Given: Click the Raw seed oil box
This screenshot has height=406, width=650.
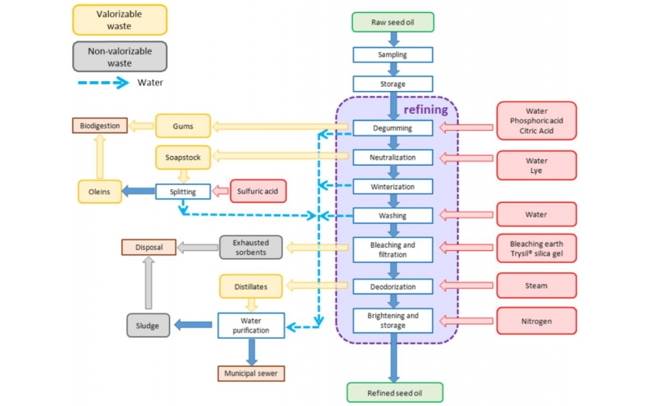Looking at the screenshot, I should coord(392,23).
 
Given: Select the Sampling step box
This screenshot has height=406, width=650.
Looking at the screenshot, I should coord(392,54).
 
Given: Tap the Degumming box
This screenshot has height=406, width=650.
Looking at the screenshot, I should coord(392,127).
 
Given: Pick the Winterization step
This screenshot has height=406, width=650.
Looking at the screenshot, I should coord(392,187).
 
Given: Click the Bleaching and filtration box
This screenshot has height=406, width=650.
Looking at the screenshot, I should coord(392,249).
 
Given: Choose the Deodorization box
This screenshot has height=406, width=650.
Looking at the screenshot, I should coord(392,287).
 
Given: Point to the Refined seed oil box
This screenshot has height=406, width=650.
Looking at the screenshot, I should coord(395,393).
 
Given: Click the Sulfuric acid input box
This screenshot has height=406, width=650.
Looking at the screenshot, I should coord(259,192).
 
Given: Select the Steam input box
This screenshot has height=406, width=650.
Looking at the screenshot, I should coord(535,286).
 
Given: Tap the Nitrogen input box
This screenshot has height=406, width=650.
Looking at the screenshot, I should coord(535,321).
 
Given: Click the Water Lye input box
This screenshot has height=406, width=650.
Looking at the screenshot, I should coord(535,166).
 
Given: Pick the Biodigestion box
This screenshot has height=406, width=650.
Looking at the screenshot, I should coord(100,126).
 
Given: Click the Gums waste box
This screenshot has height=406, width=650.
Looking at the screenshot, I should coord(183,126).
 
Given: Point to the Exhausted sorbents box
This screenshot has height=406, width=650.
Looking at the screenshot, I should coord(250,248).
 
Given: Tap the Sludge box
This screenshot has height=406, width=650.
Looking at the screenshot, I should coord(149,326).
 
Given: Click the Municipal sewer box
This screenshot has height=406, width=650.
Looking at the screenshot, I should coord(251,374).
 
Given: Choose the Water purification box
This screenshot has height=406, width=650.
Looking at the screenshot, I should coord(250,326).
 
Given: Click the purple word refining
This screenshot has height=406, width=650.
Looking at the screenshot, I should coord(426,108).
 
